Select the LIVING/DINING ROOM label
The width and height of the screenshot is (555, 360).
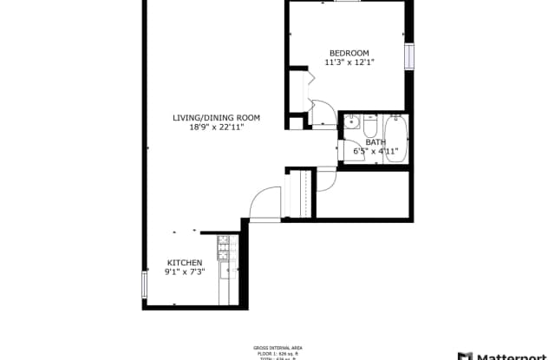click(216, 118)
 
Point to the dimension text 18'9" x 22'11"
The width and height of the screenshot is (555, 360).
click(216, 128)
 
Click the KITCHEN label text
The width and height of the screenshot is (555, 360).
click(185, 263)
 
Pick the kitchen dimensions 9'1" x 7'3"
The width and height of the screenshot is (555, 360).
click(185, 272)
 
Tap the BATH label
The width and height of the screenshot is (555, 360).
click(375, 141)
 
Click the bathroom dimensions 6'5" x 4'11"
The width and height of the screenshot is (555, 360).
click(375, 151)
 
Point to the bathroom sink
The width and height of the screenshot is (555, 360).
click(351, 121)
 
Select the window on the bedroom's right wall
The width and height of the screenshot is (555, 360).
click(409, 56)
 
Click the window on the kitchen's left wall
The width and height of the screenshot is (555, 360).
click(144, 284)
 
